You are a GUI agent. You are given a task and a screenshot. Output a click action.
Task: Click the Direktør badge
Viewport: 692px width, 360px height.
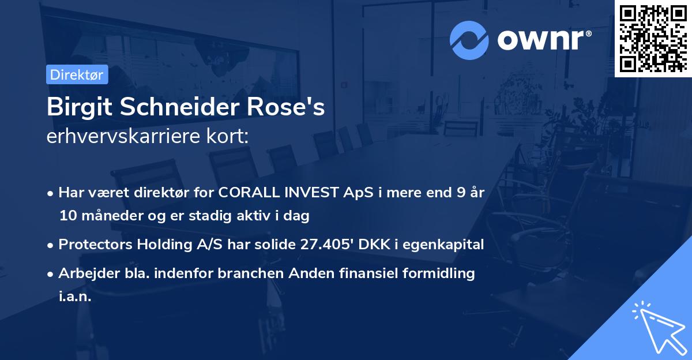pos(77,74)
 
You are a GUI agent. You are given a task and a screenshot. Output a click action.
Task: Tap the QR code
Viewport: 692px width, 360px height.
pos(653,38)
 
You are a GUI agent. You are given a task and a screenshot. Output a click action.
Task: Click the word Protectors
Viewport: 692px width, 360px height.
pos(95,245)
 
